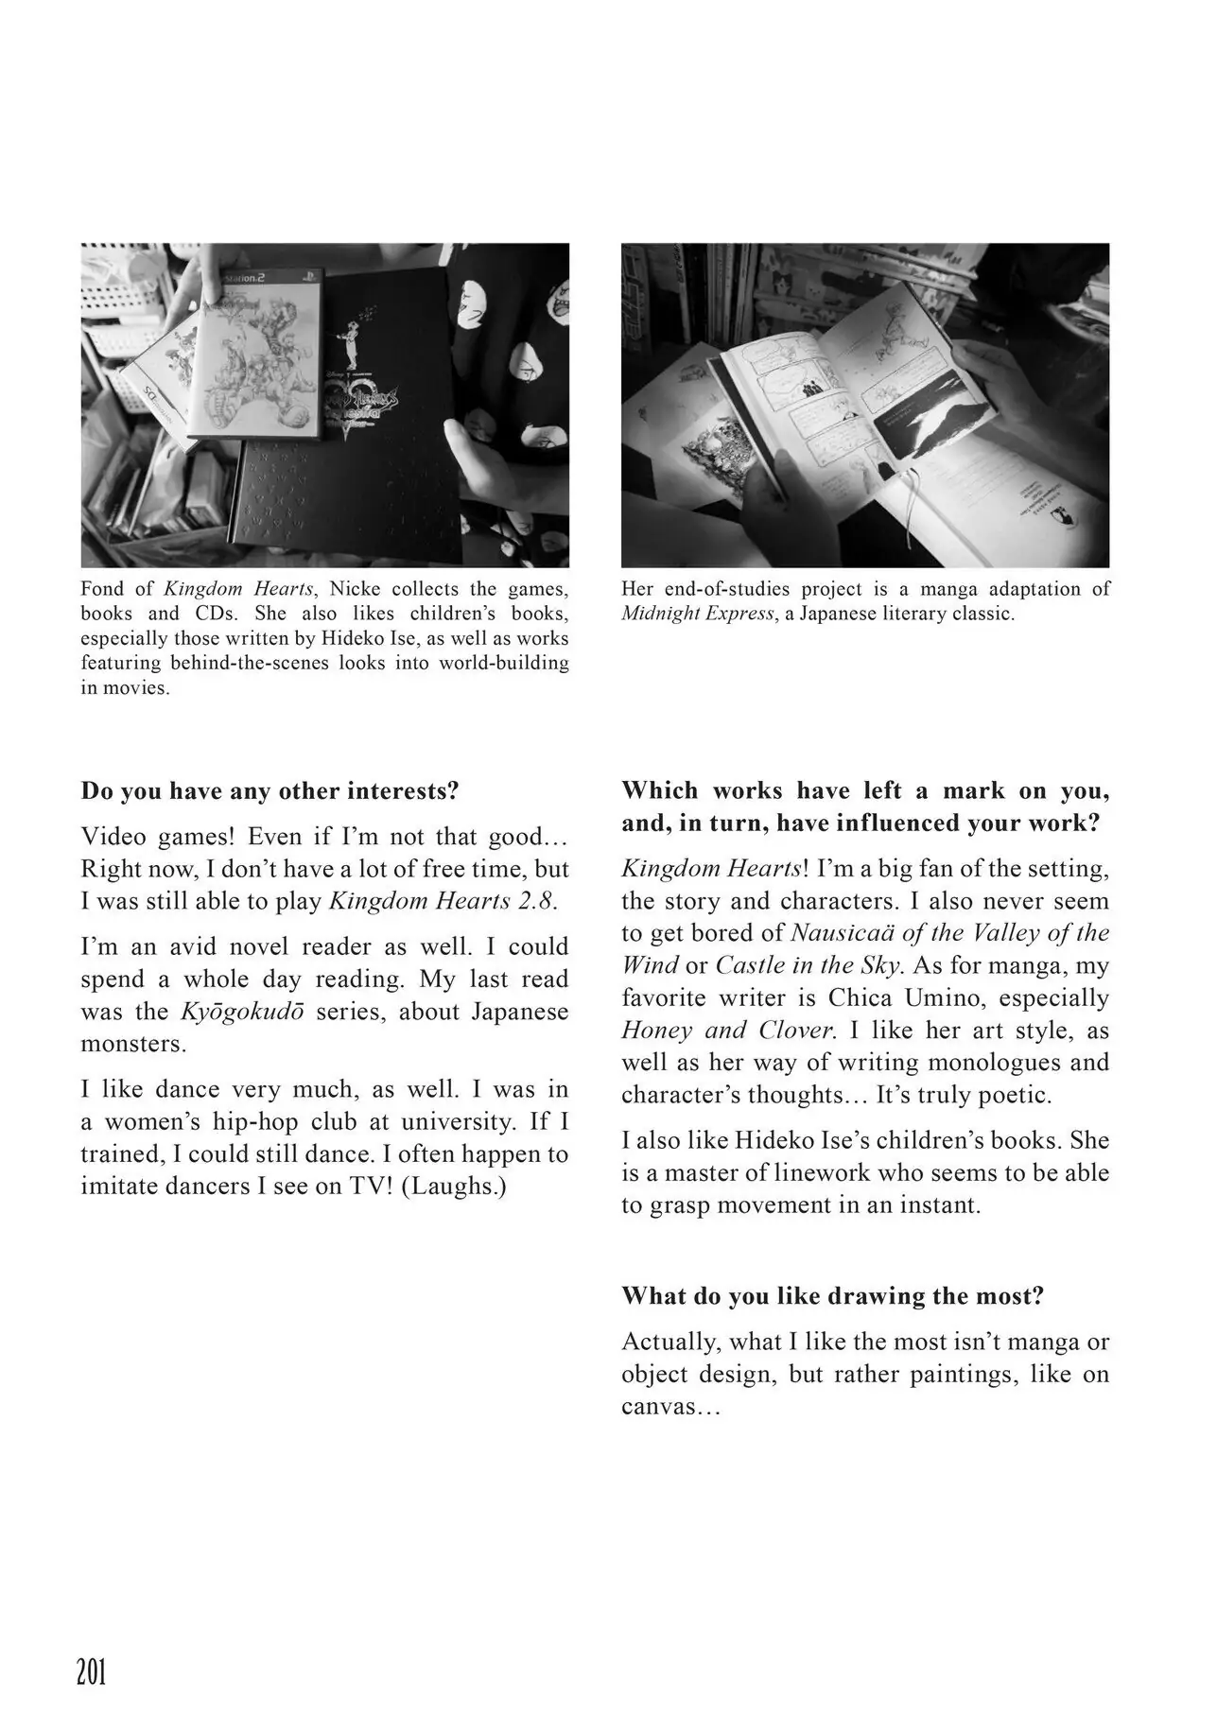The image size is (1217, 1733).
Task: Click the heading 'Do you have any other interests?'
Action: pos(269,790)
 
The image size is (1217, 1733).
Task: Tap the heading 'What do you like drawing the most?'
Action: pos(832,1295)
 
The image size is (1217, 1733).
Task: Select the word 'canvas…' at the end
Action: pos(671,1407)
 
